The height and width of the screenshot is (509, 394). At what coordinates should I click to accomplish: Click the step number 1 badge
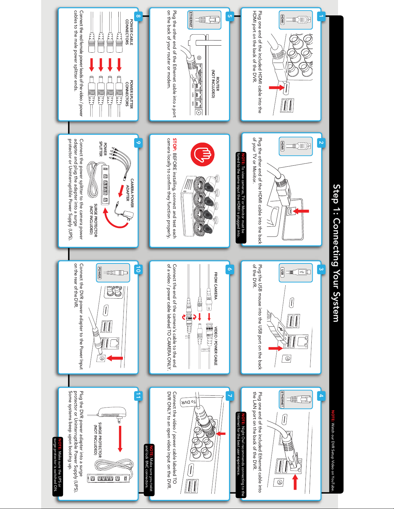click(x=321, y=16)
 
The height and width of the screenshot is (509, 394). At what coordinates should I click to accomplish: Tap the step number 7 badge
click(x=230, y=396)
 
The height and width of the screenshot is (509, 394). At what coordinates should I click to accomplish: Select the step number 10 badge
click(x=138, y=269)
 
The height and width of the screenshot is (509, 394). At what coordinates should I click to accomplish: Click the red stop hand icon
click(x=202, y=154)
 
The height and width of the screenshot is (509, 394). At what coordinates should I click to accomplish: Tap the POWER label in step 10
click(x=100, y=273)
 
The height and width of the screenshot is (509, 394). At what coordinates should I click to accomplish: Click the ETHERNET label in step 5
click(x=191, y=20)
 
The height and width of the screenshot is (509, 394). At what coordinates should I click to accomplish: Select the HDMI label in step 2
click(x=282, y=146)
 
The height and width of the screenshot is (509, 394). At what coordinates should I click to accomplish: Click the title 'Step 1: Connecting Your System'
click(x=336, y=253)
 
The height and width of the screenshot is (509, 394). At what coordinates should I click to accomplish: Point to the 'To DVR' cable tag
click(x=188, y=402)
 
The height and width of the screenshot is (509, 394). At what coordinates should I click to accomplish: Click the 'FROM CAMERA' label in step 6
click(x=215, y=286)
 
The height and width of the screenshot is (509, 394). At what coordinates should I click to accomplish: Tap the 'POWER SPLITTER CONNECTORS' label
click(x=129, y=94)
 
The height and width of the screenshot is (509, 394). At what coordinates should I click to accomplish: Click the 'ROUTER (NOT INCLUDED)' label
click(x=215, y=84)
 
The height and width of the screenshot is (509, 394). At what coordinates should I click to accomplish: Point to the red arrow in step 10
click(x=114, y=358)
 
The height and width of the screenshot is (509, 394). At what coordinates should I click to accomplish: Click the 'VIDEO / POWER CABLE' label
click(x=215, y=346)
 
